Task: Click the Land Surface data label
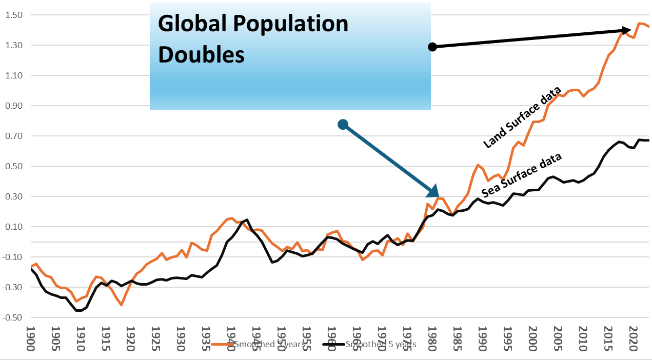(522, 117)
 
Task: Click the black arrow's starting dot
(432, 47)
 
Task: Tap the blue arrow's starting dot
(343, 124)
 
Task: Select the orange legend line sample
(222, 345)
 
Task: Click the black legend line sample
(333, 345)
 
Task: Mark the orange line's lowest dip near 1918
(122, 305)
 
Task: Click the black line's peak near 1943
(247, 220)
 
